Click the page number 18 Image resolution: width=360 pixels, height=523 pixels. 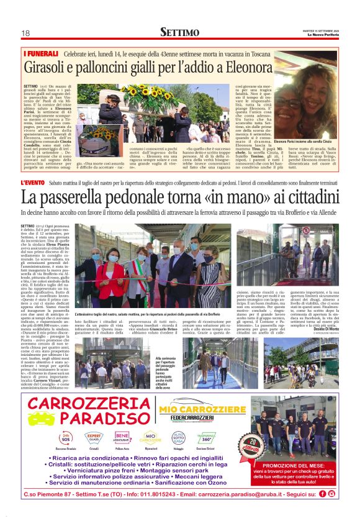point(25,33)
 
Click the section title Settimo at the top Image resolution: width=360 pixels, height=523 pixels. point(179,32)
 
